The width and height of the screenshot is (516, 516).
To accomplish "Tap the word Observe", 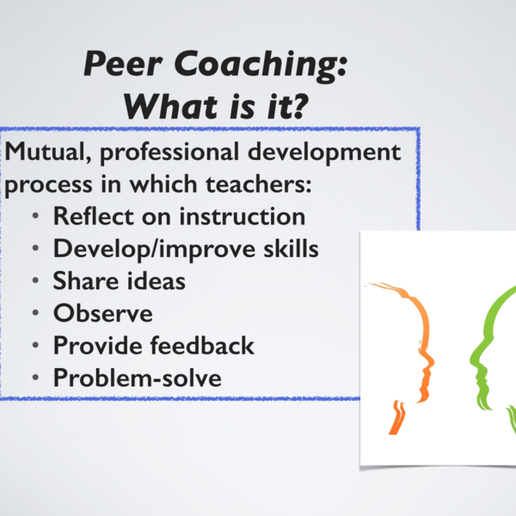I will (103, 313).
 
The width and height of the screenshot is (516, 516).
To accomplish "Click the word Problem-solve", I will (137, 378).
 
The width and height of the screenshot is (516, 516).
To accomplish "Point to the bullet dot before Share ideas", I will (34, 282).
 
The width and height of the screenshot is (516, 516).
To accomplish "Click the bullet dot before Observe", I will (34, 314).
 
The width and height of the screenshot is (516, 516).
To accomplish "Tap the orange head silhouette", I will (411, 344).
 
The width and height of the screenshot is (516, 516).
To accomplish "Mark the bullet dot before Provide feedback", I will (34, 346).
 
